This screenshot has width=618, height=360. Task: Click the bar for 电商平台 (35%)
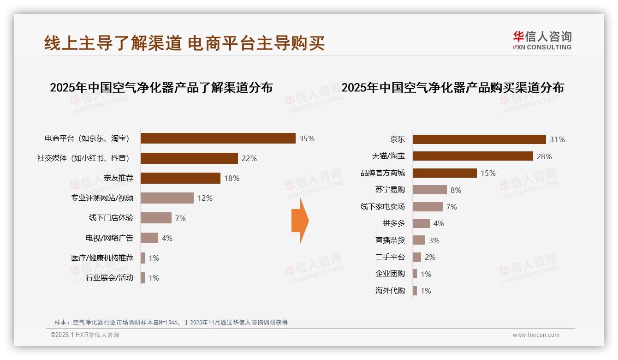click(x=218, y=138)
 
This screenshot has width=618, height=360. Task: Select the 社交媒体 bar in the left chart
click(x=189, y=158)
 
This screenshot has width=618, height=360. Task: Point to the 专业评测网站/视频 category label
click(x=102, y=198)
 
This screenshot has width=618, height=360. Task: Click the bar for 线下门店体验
click(x=156, y=218)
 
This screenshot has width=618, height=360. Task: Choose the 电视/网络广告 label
click(x=109, y=238)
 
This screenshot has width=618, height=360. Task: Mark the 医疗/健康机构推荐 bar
click(x=143, y=258)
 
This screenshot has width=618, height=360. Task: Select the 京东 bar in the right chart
click(x=479, y=139)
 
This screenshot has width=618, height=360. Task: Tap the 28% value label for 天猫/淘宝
click(x=544, y=156)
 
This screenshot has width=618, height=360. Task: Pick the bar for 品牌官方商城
click(x=445, y=173)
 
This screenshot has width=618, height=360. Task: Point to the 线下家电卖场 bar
click(x=428, y=207)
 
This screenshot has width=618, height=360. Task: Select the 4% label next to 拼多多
click(x=439, y=224)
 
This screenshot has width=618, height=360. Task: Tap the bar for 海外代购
click(x=415, y=291)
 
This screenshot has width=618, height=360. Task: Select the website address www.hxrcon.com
click(x=536, y=335)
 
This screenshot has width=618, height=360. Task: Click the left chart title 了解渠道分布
click(x=161, y=88)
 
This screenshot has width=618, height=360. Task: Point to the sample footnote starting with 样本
click(x=171, y=322)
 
